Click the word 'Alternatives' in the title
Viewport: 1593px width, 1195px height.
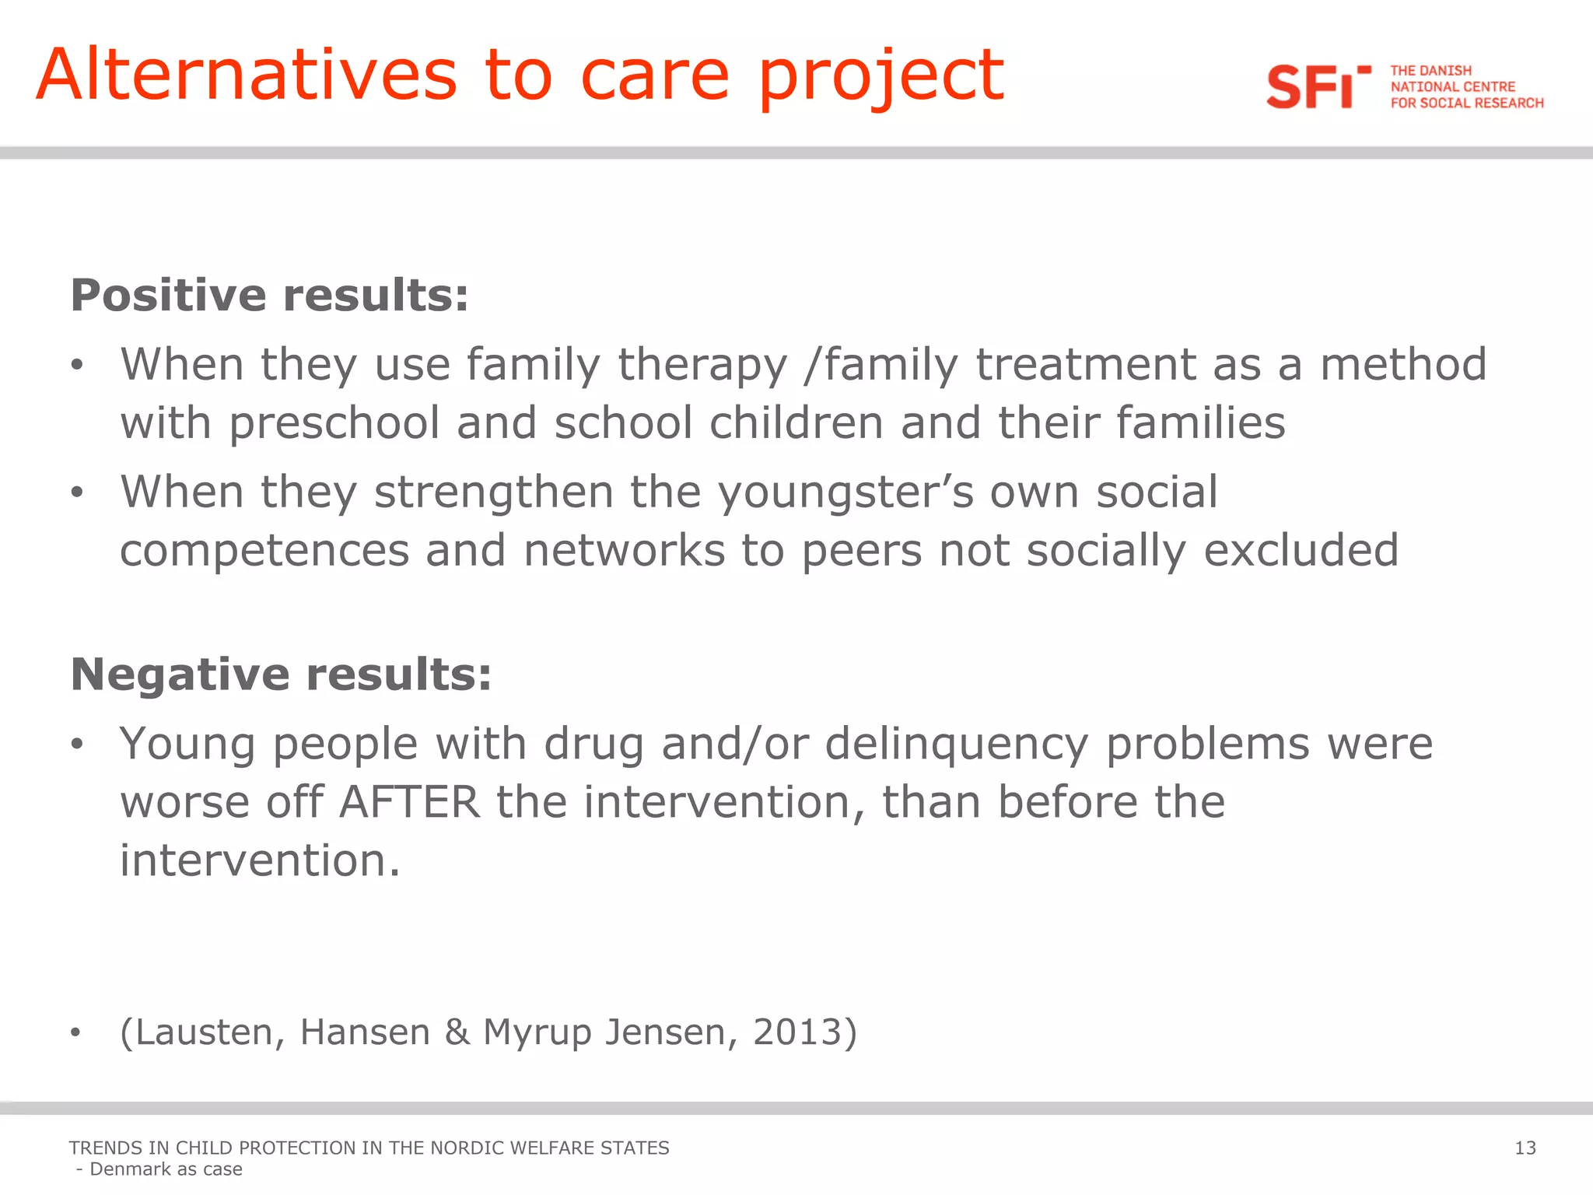[247, 75]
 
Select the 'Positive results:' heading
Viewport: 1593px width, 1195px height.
[269, 295]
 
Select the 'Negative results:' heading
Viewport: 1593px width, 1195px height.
[281, 674]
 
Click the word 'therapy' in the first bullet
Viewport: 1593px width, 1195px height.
[702, 366]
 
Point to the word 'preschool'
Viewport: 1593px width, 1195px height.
[334, 424]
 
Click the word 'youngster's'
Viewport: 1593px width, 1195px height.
[845, 493]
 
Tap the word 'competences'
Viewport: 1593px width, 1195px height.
[264, 552]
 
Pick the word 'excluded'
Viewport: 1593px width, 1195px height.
[1301, 550]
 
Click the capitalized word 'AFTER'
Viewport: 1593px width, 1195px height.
[410, 802]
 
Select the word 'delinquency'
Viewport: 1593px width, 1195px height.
[956, 745]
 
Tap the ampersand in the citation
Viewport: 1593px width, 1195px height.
[457, 1032]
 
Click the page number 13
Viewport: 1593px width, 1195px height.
[1525, 1148]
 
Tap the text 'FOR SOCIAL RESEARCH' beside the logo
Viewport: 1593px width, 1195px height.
[1466, 103]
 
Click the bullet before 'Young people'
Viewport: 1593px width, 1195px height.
[75, 745]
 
